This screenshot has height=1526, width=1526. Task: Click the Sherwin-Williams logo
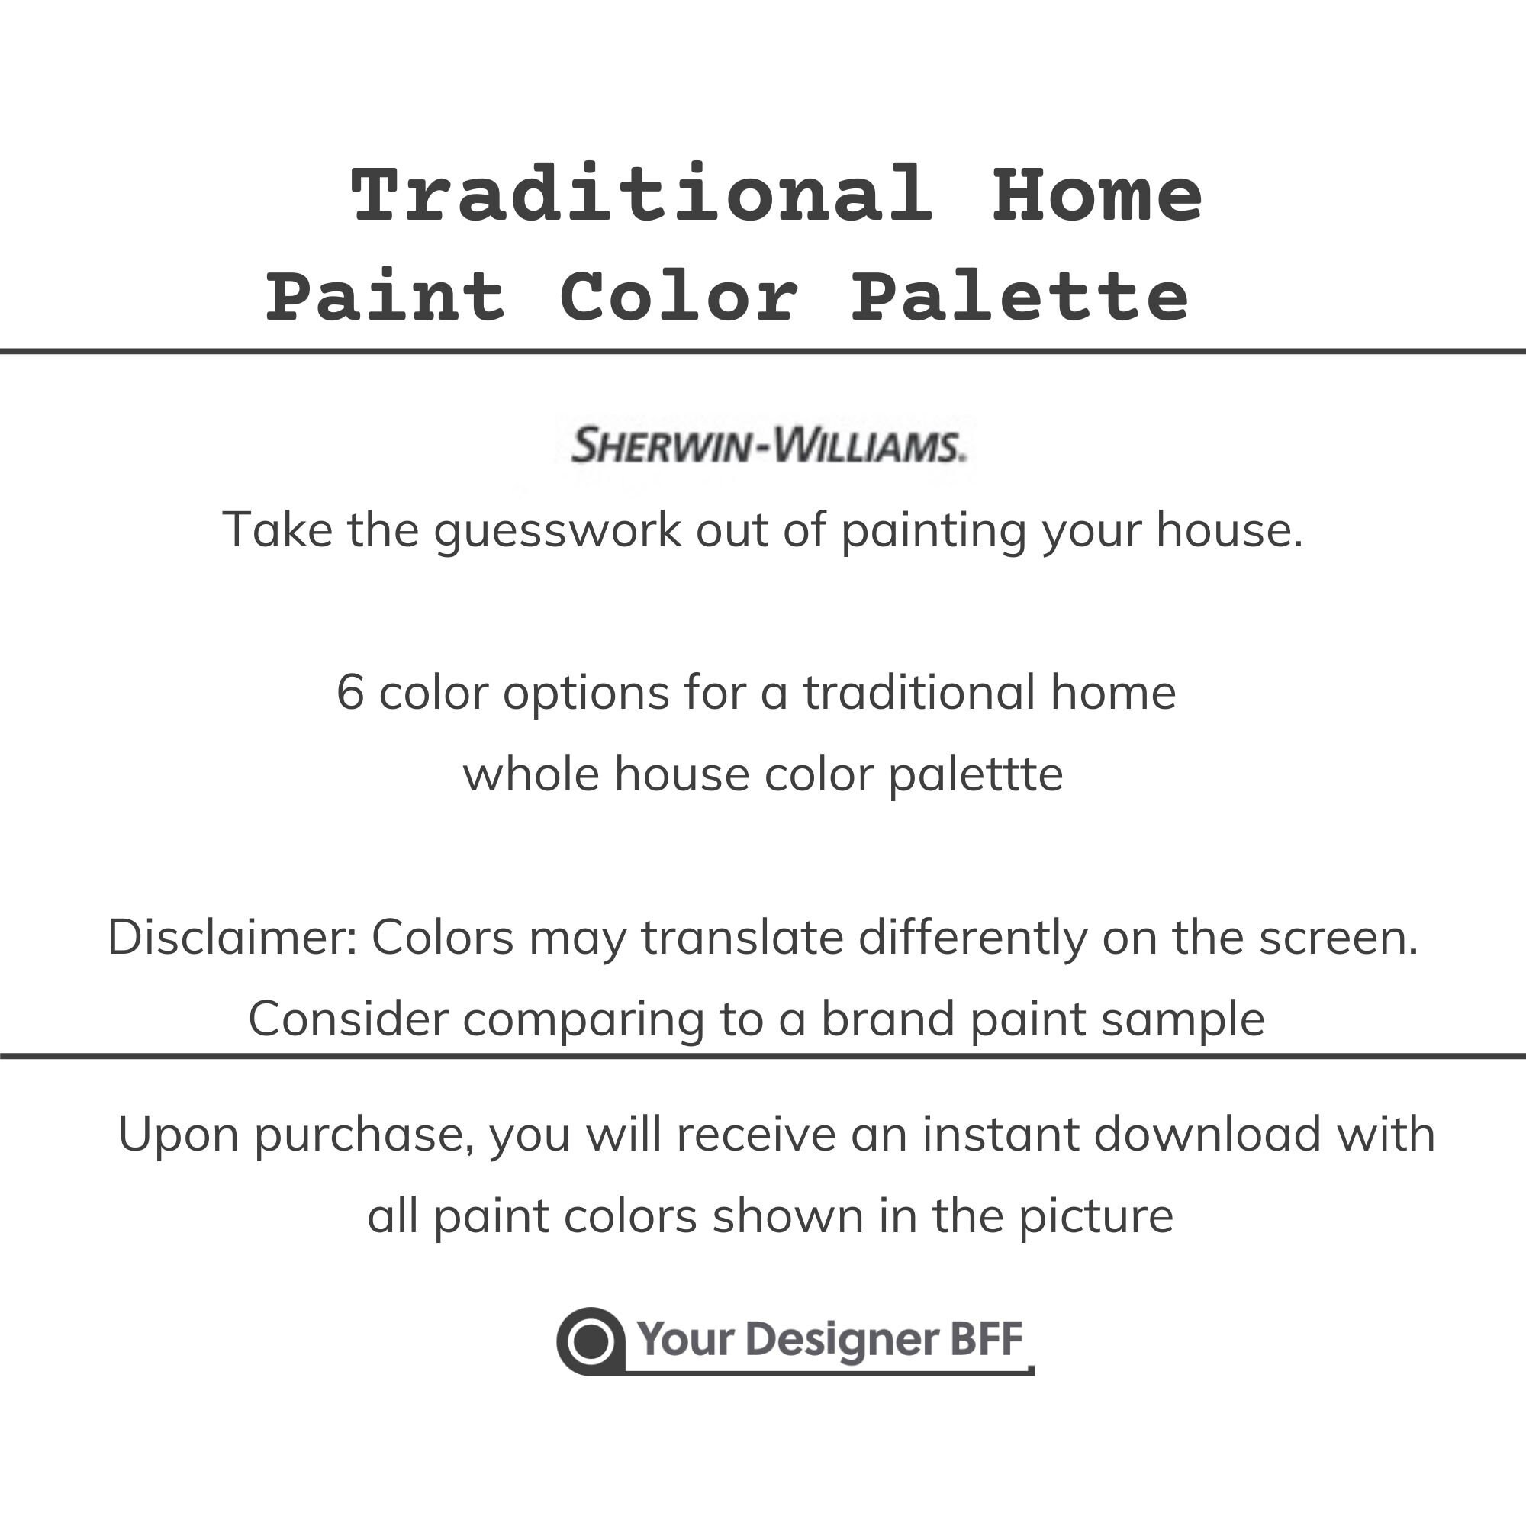[768, 446]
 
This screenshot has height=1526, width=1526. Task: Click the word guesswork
[557, 530]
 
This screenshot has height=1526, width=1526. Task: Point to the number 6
[350, 693]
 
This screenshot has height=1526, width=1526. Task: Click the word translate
[742, 938]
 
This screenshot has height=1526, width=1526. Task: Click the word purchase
[365, 1136]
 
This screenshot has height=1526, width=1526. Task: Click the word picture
[1095, 1215]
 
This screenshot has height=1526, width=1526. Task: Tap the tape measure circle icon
[591, 1341]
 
